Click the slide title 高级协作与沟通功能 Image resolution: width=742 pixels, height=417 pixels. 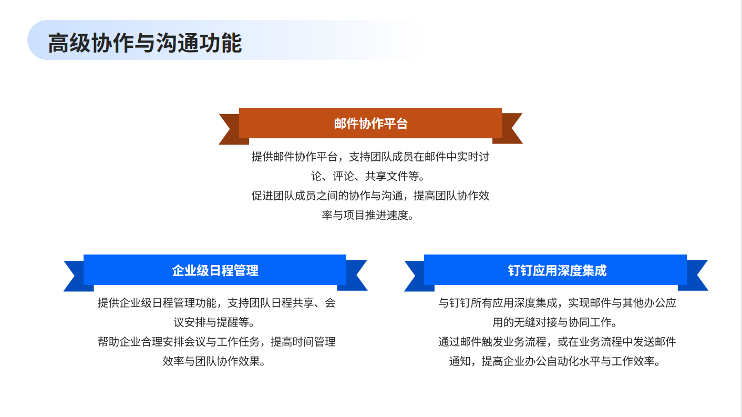[x=145, y=43]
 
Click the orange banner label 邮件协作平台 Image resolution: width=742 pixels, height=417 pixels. [x=370, y=124]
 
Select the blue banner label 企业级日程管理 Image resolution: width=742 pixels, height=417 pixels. [x=215, y=270]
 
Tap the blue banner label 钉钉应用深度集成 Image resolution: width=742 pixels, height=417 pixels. [x=557, y=270]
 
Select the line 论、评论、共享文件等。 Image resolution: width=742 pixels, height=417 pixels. [x=368, y=176]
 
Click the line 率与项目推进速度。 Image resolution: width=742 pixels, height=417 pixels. [x=368, y=215]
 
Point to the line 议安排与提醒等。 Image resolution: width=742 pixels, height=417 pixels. [x=214, y=322]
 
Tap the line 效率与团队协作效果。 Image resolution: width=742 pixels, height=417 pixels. [x=214, y=361]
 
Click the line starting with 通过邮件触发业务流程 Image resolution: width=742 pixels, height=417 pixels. [x=557, y=341]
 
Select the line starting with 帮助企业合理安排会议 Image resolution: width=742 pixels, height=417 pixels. [x=217, y=341]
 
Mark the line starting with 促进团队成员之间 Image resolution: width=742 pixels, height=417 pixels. [x=370, y=196]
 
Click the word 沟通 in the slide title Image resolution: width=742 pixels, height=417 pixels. [x=178, y=43]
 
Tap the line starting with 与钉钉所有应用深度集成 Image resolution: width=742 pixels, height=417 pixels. [x=557, y=303]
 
